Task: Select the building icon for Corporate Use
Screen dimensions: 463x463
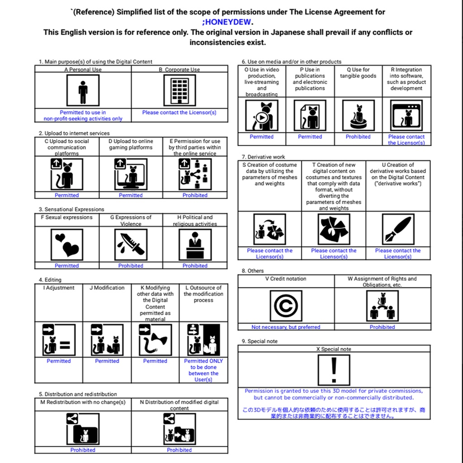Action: pos(180,90)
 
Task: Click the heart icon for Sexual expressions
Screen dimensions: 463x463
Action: pos(66,244)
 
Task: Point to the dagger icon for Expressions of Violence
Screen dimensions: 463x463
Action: pos(131,244)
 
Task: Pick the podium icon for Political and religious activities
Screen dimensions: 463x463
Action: pos(195,244)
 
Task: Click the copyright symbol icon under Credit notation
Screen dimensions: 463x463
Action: pos(286,306)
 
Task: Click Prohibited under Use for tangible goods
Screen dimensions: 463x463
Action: pos(358,137)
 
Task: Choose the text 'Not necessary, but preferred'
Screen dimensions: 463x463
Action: pos(286,327)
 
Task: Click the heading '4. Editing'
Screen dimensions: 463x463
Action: pos(50,280)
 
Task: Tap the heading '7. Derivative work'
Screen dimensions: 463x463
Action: pos(263,157)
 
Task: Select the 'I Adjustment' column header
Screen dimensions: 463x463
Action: pos(59,288)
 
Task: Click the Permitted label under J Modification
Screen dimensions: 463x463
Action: pos(107,361)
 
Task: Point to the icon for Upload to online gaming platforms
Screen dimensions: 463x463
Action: pos(131,174)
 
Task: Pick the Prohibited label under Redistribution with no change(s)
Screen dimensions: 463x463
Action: pos(83,450)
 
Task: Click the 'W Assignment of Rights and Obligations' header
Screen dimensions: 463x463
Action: pos(382,282)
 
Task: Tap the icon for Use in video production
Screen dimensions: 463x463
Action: pos(262,116)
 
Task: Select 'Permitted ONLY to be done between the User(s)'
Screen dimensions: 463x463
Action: pos(203,370)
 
